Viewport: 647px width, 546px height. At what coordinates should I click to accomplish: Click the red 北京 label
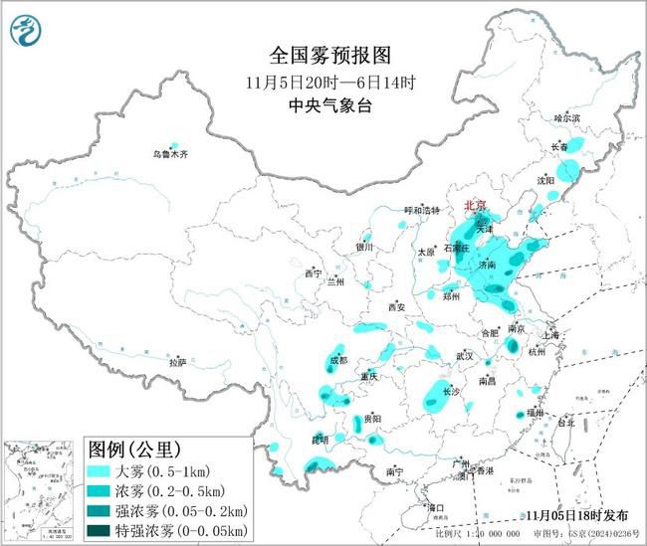477,206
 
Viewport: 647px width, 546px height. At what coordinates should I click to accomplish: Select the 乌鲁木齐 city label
169,155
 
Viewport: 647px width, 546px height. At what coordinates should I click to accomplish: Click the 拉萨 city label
177,363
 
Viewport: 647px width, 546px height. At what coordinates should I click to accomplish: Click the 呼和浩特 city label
420,211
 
